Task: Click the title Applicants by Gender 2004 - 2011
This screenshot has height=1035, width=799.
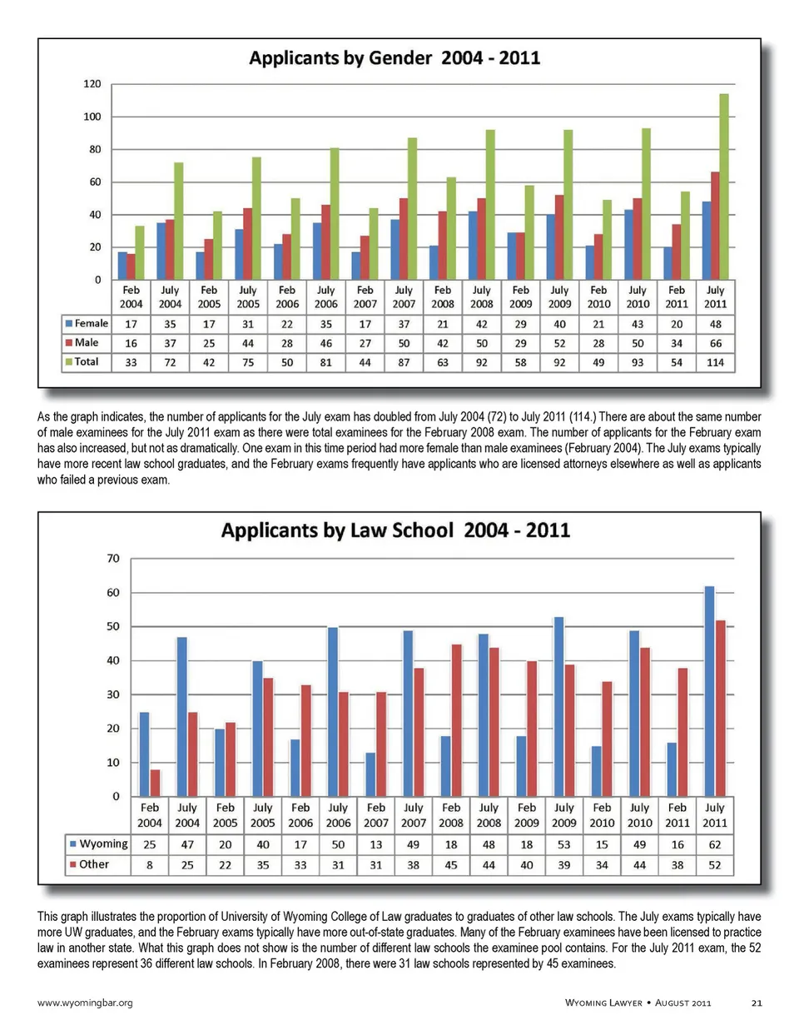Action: click(x=395, y=58)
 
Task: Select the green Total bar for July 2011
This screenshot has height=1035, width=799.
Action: click(x=724, y=187)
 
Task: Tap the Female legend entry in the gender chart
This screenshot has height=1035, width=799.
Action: click(x=87, y=323)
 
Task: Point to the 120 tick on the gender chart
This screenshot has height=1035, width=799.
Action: click(x=92, y=84)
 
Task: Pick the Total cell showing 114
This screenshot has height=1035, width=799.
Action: click(x=715, y=362)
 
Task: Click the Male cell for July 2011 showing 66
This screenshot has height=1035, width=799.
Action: click(x=715, y=343)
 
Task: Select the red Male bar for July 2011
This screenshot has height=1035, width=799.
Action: click(x=715, y=226)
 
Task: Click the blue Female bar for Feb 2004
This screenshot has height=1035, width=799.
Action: click(x=122, y=266)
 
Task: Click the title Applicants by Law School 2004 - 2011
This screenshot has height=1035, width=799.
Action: click(x=395, y=530)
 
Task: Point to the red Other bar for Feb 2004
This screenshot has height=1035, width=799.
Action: click(x=155, y=783)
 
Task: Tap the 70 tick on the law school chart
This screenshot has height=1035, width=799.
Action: click(x=113, y=558)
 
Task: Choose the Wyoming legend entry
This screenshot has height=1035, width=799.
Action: click(x=99, y=843)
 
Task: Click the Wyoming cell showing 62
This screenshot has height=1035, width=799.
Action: click(x=715, y=844)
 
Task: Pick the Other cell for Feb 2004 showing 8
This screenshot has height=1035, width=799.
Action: click(x=150, y=865)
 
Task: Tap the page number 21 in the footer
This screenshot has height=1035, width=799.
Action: click(x=757, y=1003)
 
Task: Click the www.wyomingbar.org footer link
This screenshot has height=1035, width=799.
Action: click(x=85, y=1003)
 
